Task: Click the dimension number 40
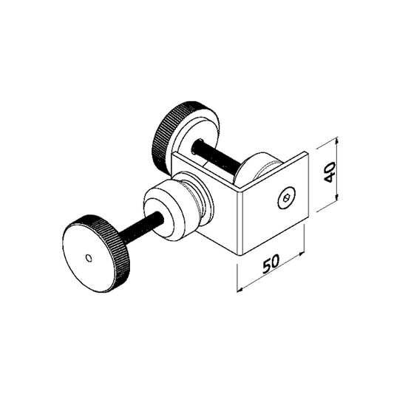(330, 173)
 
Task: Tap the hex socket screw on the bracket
(286, 198)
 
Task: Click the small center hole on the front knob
(89, 258)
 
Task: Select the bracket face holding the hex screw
(274, 207)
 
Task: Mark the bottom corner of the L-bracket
(240, 253)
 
